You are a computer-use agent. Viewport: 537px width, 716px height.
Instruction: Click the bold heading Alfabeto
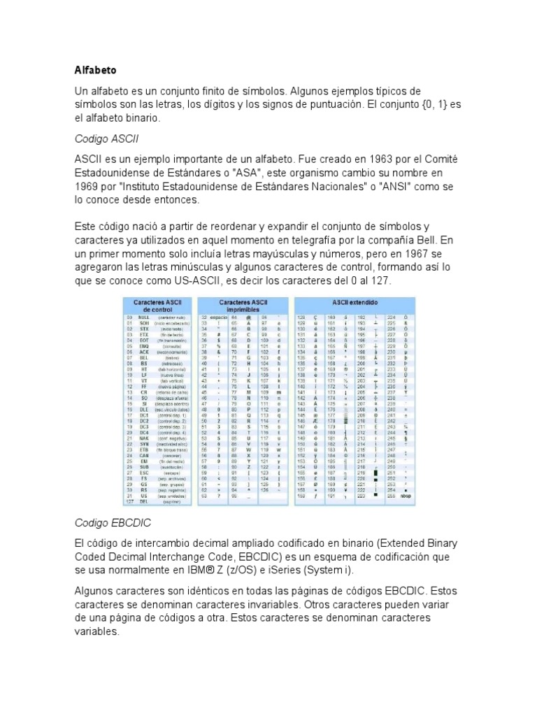pyautogui.click(x=96, y=71)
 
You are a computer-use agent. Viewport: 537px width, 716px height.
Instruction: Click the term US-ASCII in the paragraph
pyautogui.click(x=198, y=280)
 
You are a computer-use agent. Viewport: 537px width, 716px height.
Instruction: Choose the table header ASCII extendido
pyautogui.click(x=355, y=302)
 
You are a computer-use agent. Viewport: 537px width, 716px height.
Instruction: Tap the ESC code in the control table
pyautogui.click(x=144, y=452)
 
